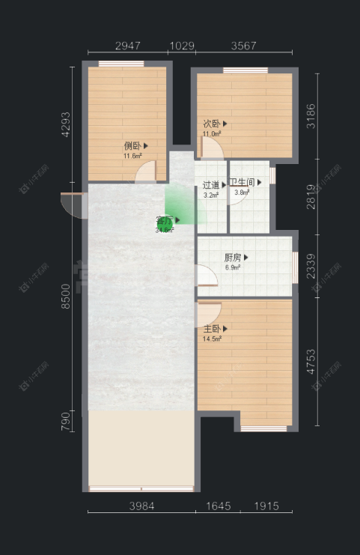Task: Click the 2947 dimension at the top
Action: click(x=128, y=46)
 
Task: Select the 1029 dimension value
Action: click(x=182, y=46)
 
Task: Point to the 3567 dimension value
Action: click(x=243, y=46)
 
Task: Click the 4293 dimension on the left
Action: click(x=66, y=124)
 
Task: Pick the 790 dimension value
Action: click(x=66, y=420)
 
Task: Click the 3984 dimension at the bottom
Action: click(x=141, y=506)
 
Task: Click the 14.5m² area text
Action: click(x=213, y=339)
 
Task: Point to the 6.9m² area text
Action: click(x=233, y=267)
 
